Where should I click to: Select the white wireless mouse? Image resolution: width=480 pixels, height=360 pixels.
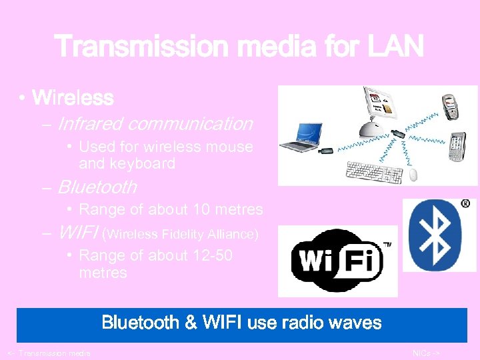pos(413,175)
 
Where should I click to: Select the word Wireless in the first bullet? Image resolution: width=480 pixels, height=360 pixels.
pos(73,99)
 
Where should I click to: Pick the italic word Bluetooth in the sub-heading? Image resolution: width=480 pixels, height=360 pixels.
pos(97,187)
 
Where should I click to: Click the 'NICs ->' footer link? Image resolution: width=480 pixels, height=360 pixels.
pos(427,353)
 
